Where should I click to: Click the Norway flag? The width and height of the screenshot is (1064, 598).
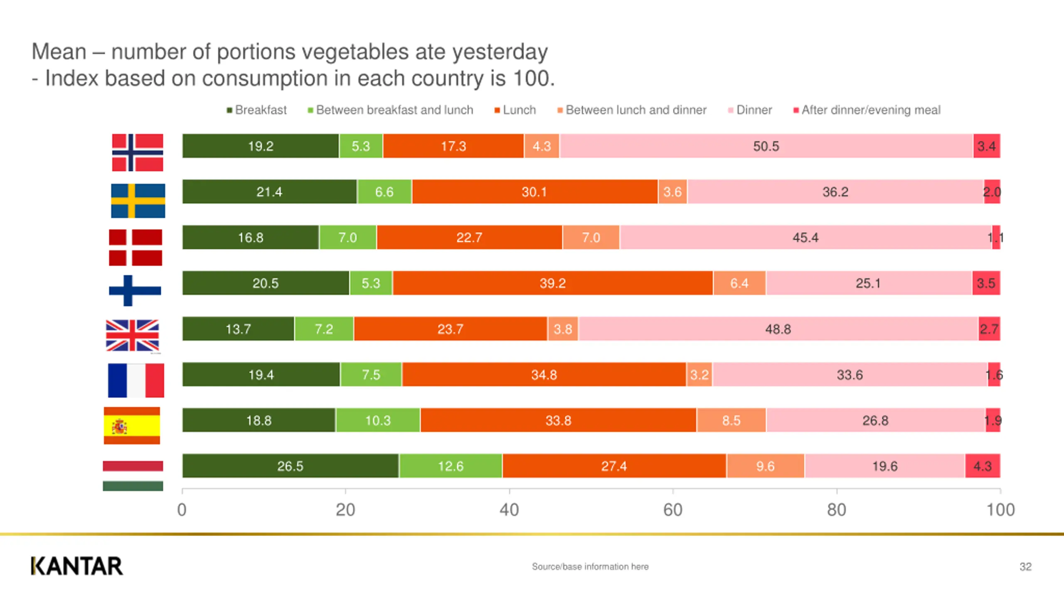tap(138, 152)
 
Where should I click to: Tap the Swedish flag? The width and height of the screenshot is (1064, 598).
tap(138, 201)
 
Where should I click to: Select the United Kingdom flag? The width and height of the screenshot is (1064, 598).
tap(133, 335)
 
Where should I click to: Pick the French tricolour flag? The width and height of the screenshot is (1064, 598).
tap(136, 380)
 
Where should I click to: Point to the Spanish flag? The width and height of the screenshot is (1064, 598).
tap(132, 426)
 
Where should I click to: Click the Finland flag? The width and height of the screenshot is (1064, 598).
tap(135, 290)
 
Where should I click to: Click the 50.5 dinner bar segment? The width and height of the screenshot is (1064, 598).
tap(766, 146)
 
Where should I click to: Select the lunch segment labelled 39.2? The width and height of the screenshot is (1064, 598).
tap(552, 283)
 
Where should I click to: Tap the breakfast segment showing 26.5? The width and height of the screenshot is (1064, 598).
tap(290, 466)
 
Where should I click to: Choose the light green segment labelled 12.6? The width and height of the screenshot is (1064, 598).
tap(451, 466)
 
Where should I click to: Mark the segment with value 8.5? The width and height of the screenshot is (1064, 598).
tap(731, 420)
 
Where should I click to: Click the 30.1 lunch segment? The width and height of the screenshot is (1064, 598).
tap(534, 192)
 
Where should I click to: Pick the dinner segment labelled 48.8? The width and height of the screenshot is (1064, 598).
tap(778, 329)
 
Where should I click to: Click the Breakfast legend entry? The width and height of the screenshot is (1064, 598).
tap(256, 110)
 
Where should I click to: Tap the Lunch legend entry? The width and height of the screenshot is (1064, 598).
tap(515, 110)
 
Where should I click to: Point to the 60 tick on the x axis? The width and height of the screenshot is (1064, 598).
tap(672, 510)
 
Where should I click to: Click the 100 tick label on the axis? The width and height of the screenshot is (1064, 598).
tap(1000, 510)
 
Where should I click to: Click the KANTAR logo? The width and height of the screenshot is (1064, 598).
tap(77, 566)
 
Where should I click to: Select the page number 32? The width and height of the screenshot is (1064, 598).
tap(1025, 567)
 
